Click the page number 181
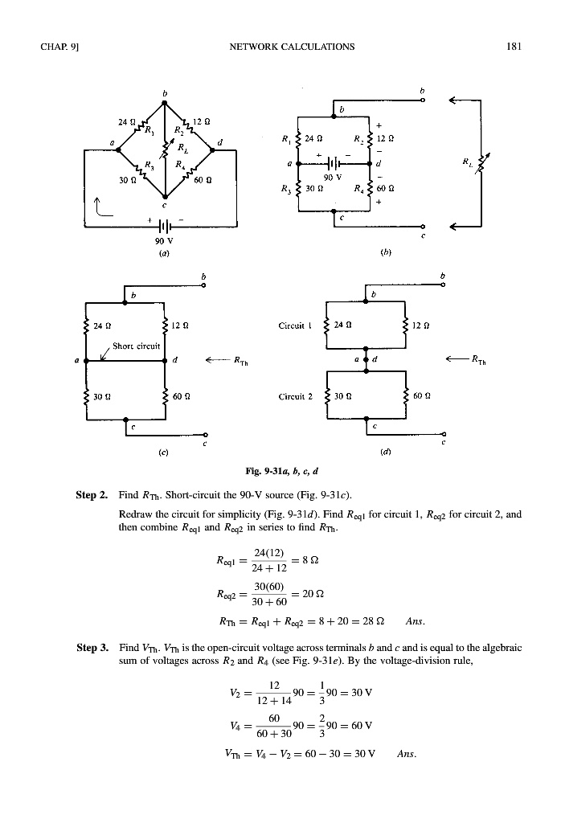point(515,46)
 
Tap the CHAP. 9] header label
point(55,46)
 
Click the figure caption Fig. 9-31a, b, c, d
point(280,469)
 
